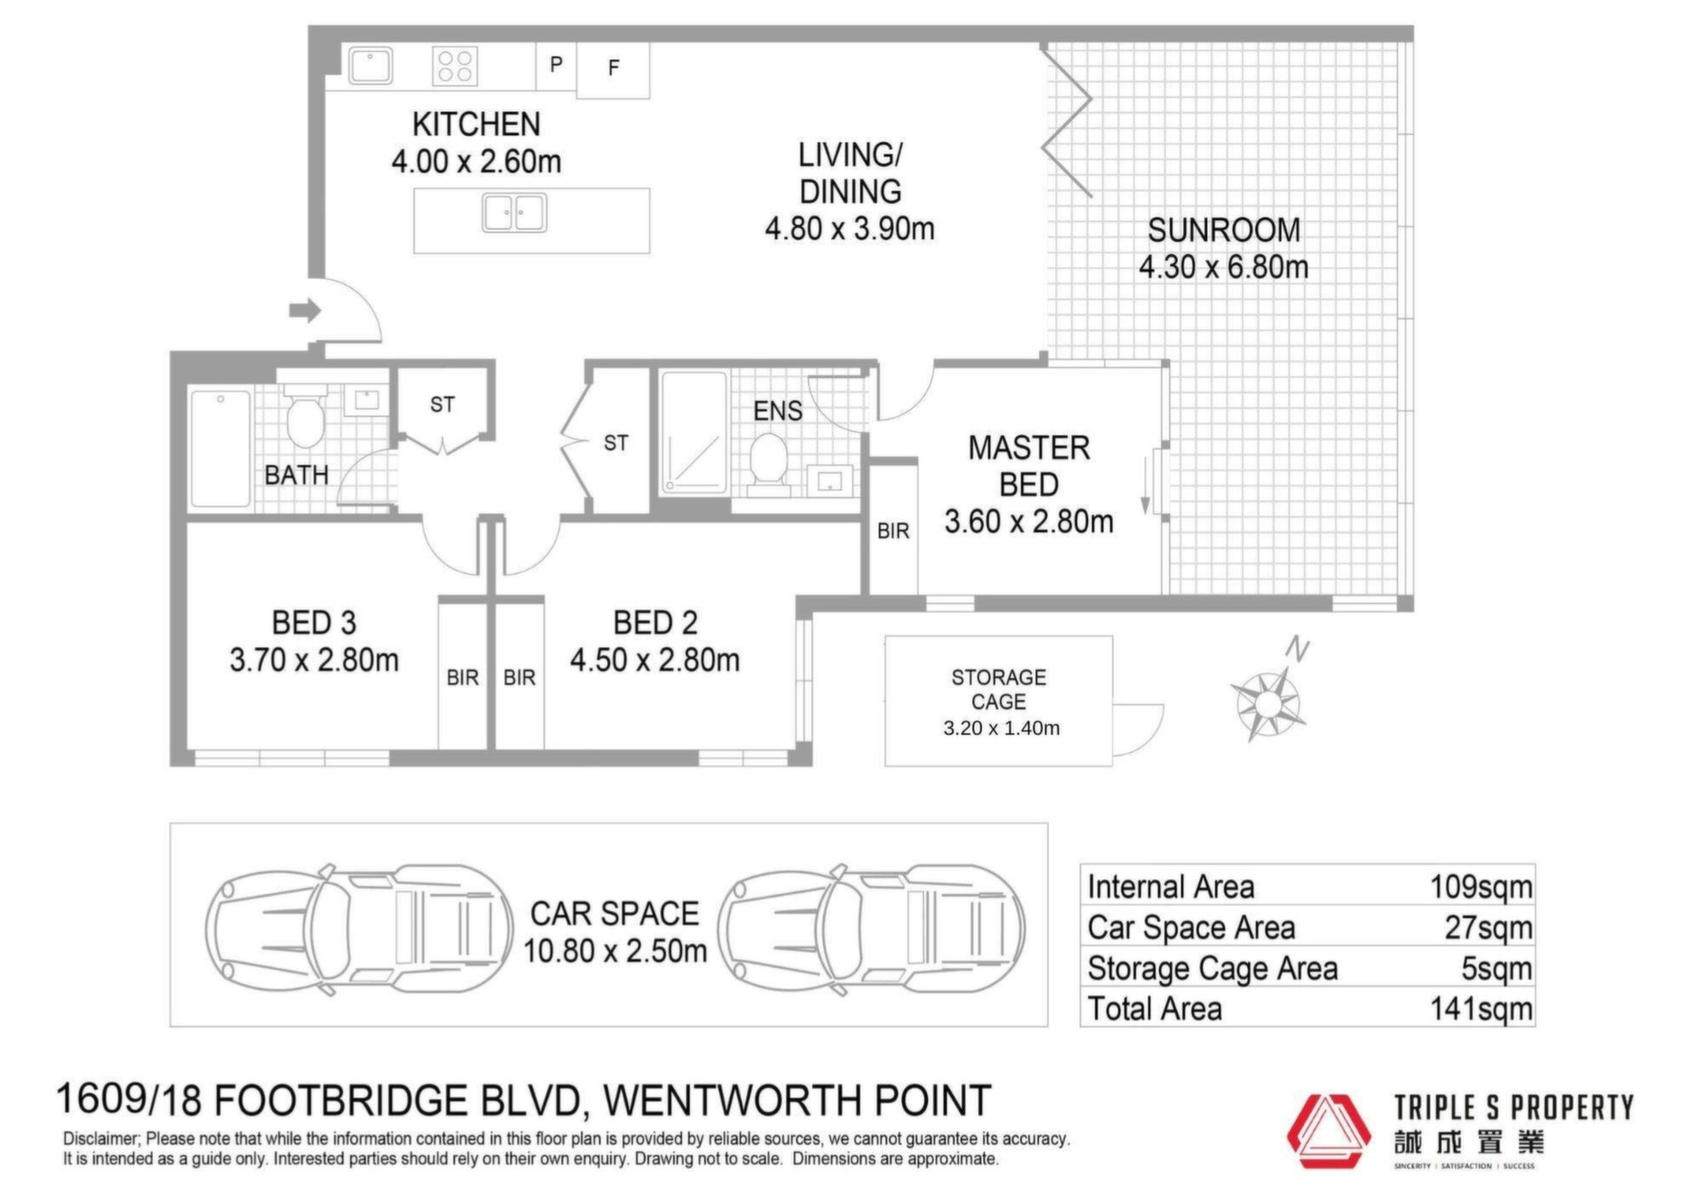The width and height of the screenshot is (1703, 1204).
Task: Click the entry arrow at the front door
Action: pos(304,311)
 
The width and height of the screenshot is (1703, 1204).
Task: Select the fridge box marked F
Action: pos(613,69)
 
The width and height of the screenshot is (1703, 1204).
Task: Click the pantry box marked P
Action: pos(556,66)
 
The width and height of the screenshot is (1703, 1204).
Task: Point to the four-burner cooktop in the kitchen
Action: pos(455,66)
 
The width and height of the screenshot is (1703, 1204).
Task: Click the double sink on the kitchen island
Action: pos(514,213)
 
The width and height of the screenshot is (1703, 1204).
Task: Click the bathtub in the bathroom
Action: pos(220,448)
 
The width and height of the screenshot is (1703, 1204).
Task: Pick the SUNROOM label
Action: pos(1224,231)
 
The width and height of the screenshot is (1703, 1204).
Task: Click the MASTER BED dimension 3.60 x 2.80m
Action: pos(1029,522)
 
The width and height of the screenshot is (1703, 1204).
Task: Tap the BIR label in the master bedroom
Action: pos(893,531)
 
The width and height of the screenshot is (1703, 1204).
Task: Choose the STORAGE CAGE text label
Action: pos(999,689)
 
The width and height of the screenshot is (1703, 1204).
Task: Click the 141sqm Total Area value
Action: pos(1481,1009)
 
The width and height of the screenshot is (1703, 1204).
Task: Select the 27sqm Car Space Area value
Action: pos(1488,928)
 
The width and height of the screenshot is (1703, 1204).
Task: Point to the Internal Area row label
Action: pos(1171,887)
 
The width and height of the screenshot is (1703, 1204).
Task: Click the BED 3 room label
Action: pos(314,623)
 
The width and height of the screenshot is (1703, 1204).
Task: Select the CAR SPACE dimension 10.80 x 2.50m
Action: pos(615,951)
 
